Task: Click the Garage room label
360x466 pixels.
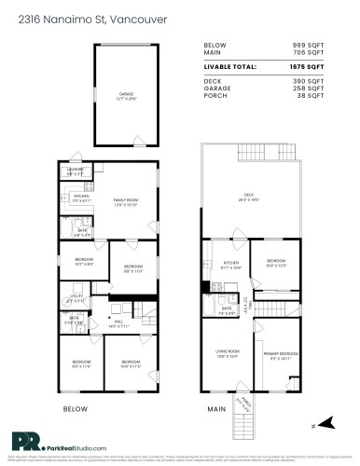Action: [126, 96]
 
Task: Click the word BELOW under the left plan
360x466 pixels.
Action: [75, 409]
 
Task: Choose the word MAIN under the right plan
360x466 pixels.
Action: [217, 409]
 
